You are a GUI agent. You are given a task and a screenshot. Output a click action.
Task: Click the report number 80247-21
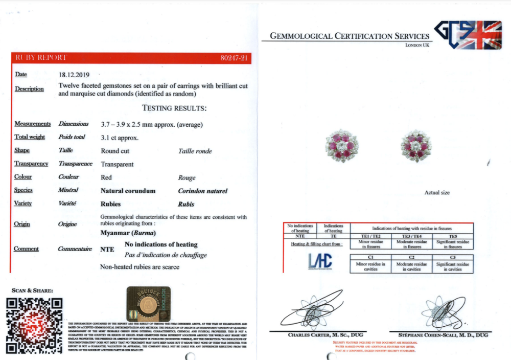pyautogui.click(x=234, y=58)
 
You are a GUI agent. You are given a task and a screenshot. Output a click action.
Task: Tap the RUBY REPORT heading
pyautogui.click(x=41, y=58)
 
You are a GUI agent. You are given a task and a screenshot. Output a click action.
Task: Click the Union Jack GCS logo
pyautogui.click(x=468, y=34)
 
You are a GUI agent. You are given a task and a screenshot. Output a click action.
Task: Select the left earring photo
pyautogui.click(x=342, y=145)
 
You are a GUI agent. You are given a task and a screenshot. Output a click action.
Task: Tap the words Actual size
pyautogui.click(x=437, y=193)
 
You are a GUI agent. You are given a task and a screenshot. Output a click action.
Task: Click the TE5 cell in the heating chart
pyautogui.click(x=453, y=236)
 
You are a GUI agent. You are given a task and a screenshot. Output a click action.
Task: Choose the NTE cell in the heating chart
pyautogui.click(x=300, y=236)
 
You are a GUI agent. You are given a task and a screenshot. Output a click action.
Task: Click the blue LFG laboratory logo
pyautogui.click(x=320, y=261)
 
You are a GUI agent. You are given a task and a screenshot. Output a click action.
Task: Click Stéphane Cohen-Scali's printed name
pyautogui.click(x=438, y=335)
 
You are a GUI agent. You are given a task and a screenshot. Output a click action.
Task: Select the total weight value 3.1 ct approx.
pyautogui.click(x=120, y=138)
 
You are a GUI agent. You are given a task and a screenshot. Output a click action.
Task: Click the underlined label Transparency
pyautogui.click(x=31, y=164)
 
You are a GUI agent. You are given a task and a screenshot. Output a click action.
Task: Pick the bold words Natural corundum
pyautogui.click(x=128, y=191)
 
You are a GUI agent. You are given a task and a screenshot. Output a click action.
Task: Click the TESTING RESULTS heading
pyautogui.click(x=174, y=108)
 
